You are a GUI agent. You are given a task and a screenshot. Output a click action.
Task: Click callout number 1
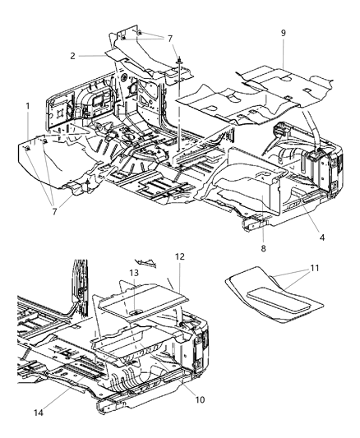pyautogui.click(x=27, y=106)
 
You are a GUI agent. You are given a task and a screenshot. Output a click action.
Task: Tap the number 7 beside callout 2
pyautogui.click(x=170, y=39)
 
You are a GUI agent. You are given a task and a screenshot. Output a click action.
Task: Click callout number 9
pyautogui.click(x=283, y=34)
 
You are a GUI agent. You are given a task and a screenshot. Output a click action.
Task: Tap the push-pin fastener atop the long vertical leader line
pyautogui.click(x=178, y=59)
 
